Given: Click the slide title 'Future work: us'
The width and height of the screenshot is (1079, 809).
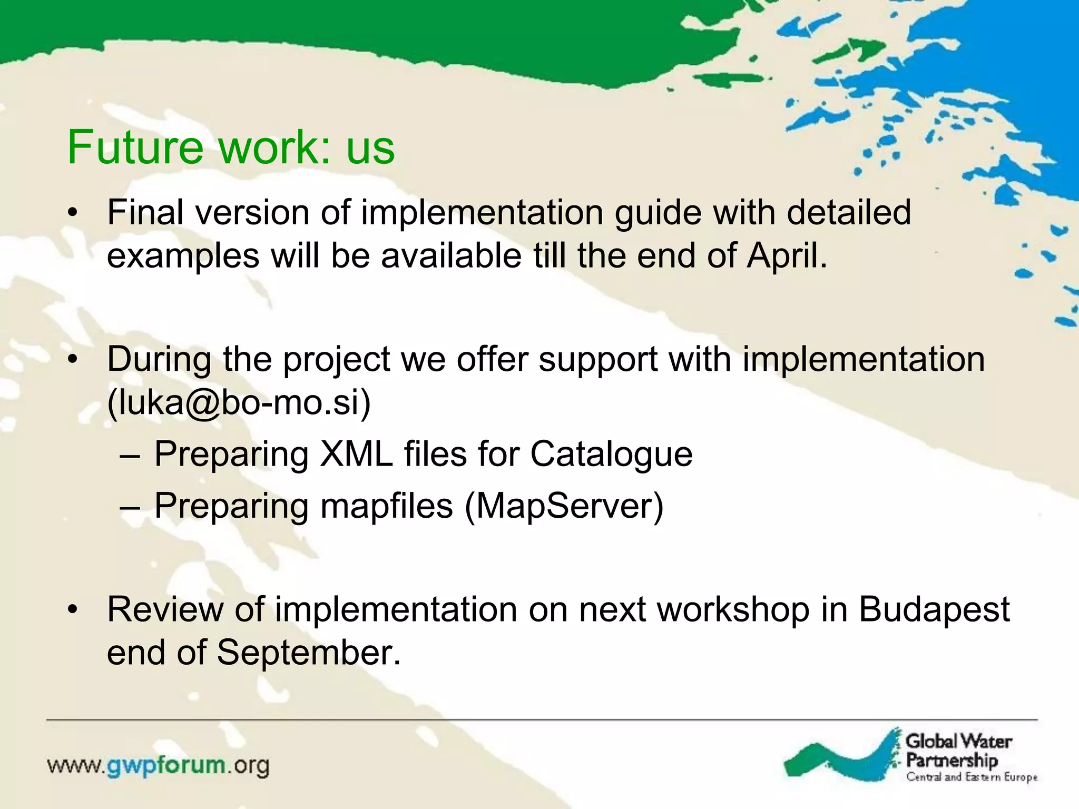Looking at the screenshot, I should coord(231,147).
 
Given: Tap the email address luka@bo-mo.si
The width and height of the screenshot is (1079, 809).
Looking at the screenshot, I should coord(240,403).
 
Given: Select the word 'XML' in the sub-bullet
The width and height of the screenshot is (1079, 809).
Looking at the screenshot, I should coord(357,455).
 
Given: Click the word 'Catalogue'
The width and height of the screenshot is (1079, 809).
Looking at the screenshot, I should coord(611,455).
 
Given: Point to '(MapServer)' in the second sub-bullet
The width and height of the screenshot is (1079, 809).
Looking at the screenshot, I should coord(564,506).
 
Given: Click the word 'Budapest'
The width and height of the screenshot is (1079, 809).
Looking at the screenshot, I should coord(934,610).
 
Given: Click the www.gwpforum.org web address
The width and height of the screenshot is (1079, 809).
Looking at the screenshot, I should coord(158,765).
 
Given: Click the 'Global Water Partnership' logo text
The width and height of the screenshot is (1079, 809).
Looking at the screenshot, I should coord(958,751).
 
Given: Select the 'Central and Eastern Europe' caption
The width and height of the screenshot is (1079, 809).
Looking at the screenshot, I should coord(971,777).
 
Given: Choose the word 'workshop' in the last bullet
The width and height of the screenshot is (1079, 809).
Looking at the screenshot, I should coord(733,610).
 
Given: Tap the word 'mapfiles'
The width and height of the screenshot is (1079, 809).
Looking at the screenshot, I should coord(386,506).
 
